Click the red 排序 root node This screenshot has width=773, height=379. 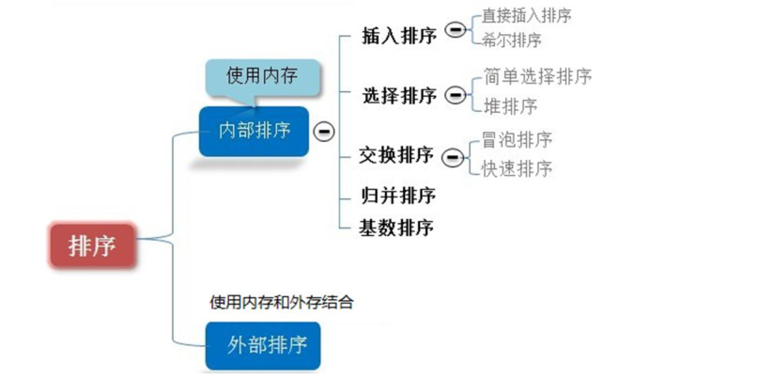point(91,245)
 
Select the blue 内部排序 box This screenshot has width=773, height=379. point(255,131)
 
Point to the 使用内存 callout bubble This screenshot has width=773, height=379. point(261,75)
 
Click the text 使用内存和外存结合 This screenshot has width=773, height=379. point(282,302)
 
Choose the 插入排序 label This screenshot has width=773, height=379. point(398,36)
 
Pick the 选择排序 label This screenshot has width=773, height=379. point(399,96)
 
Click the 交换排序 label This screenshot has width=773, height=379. point(396,155)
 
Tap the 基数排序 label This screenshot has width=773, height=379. point(396,228)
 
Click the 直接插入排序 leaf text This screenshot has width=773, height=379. point(526,16)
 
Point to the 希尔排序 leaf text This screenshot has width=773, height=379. point(511,40)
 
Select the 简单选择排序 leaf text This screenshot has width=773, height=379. point(537,76)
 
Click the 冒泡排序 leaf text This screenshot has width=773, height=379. point(516,139)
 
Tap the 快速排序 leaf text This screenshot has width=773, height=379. point(516,168)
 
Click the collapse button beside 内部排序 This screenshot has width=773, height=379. point(324,131)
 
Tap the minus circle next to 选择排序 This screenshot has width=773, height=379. point(455,95)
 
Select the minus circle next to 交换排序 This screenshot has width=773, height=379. point(454,155)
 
